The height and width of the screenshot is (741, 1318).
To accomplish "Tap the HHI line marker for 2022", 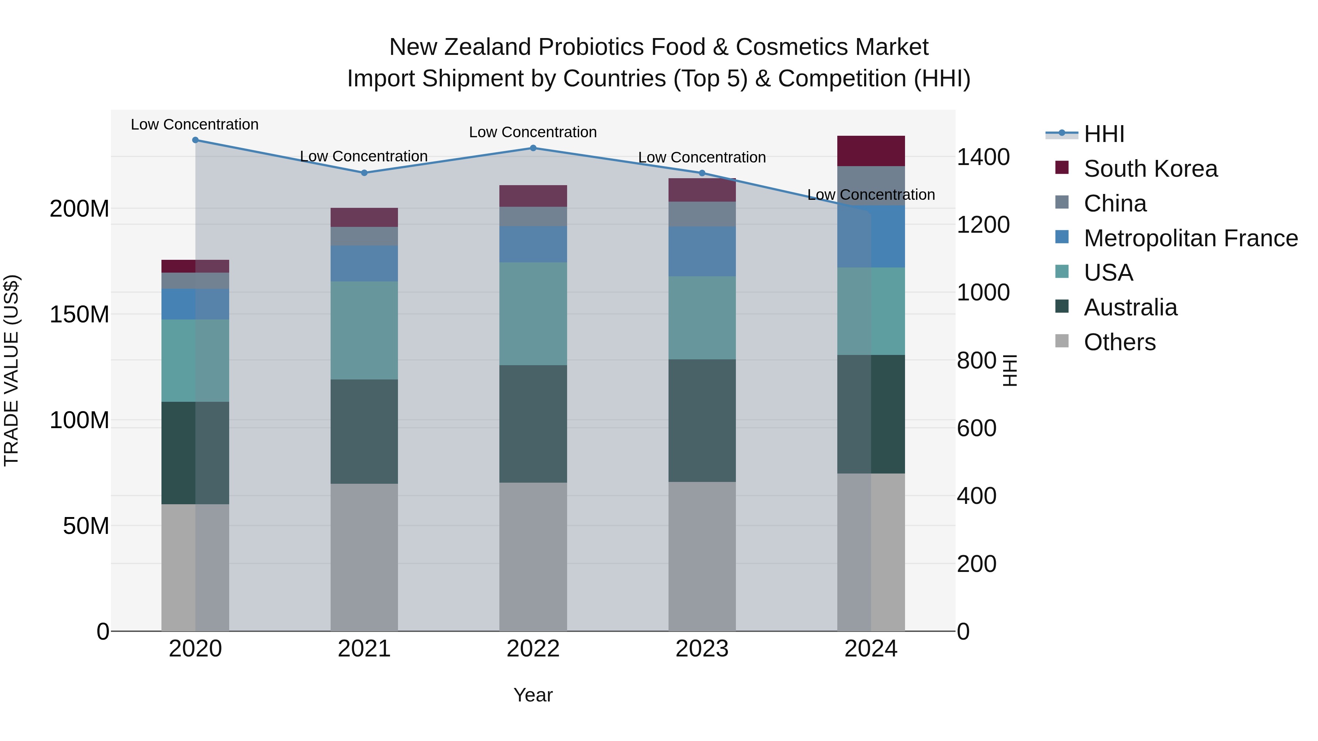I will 533,148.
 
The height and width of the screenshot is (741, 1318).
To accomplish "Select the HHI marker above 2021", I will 364,173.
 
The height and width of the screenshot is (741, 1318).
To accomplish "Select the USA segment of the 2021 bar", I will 364,330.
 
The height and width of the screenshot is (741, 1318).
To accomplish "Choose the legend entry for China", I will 1114,203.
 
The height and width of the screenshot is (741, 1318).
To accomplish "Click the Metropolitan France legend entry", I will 1190,238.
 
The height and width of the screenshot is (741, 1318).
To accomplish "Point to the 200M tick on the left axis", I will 79,209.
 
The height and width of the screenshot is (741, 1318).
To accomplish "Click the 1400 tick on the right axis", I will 983,157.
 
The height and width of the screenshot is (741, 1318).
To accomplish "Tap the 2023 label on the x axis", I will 701,649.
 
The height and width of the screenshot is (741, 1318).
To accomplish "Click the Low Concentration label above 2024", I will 871,195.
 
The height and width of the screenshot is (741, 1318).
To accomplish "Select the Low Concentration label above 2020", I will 194,124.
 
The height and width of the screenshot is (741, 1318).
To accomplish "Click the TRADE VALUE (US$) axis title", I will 11,370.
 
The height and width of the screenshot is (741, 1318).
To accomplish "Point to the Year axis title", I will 533,695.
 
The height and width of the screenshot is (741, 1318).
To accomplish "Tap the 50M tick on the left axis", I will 86,526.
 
